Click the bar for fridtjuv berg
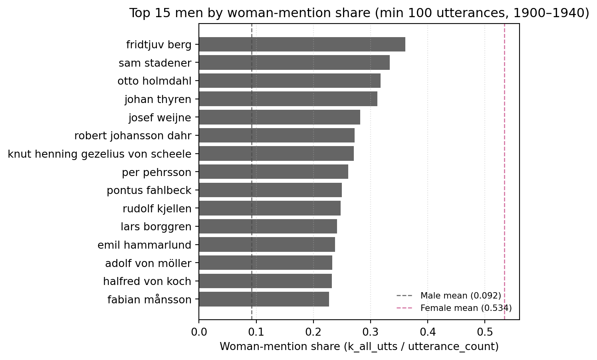[x=302, y=44]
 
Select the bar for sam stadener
[x=294, y=63]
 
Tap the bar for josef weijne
[x=280, y=117]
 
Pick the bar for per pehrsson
[x=274, y=172]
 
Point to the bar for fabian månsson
[x=264, y=299]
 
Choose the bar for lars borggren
[x=268, y=227]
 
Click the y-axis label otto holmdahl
[x=155, y=81]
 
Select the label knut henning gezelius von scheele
[x=99, y=154]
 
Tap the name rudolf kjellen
[x=157, y=209]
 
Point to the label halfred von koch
[x=147, y=281]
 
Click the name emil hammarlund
[x=145, y=245]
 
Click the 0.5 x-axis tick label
[x=484, y=332]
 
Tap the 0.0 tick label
[x=199, y=332]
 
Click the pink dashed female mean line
[x=504, y=172]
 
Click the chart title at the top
[x=359, y=13]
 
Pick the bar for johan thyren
[x=288, y=99]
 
